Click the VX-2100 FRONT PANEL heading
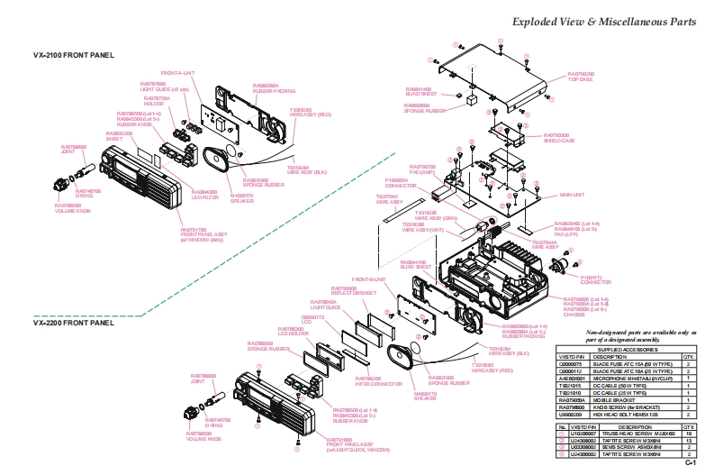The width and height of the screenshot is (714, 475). tap(74, 55)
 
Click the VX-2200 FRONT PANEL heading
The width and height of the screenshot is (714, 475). tap(74, 322)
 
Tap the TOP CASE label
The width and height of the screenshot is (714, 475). tap(581, 79)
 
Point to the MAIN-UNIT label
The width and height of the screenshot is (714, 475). tap(573, 194)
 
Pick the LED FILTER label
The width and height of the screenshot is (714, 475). tap(204, 193)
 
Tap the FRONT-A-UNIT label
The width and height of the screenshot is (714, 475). tap(177, 72)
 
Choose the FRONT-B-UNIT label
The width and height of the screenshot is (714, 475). tap(368, 279)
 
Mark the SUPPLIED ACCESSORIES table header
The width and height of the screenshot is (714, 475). tap(628, 349)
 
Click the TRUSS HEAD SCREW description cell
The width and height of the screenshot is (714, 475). tap(635, 434)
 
